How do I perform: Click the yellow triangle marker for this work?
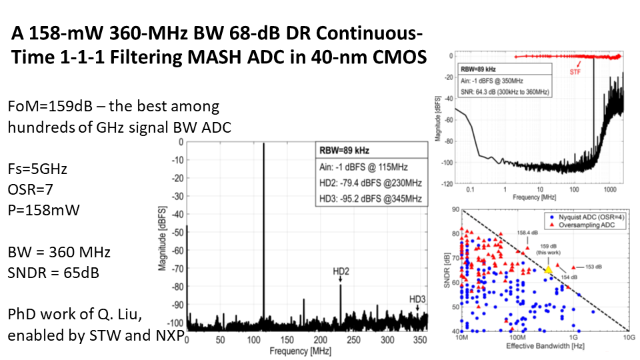547,270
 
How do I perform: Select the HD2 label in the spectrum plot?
340,271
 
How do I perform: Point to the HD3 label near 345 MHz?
417,298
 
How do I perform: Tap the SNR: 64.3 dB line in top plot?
504,91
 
